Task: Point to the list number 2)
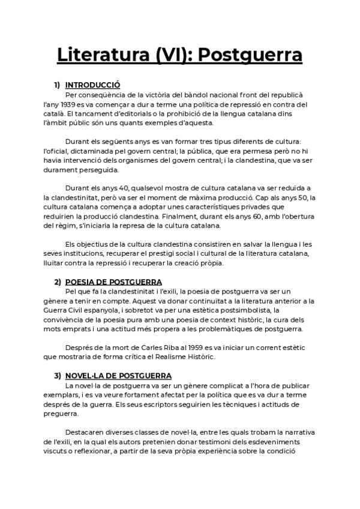point(58,282)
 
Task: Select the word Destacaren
point(85,432)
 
